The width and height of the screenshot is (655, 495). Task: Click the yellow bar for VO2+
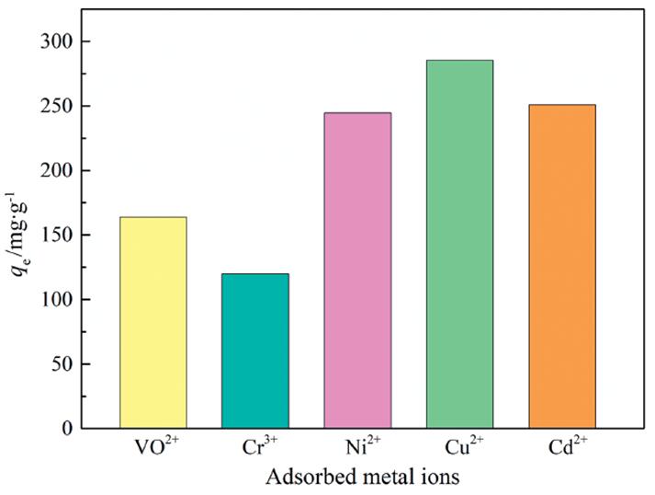coord(153,322)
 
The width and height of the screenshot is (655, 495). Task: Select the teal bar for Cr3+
coord(255,351)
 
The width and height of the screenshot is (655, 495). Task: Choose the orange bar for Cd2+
coord(561,266)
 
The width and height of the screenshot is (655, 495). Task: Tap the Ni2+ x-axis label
coord(358,449)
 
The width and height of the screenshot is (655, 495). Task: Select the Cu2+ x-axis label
coord(460,449)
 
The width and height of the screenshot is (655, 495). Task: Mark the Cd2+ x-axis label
coord(562,449)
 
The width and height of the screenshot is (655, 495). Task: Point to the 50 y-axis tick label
coord(62,364)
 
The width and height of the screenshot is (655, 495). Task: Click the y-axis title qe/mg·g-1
coord(20,235)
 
